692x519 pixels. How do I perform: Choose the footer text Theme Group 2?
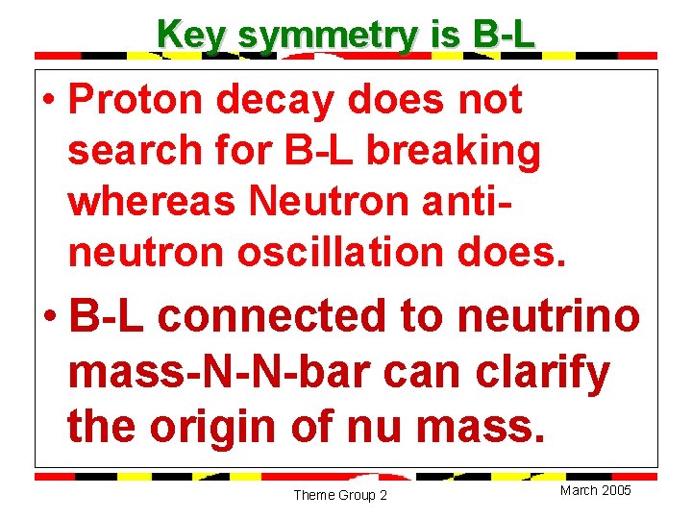point(339,495)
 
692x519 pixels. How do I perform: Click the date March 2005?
point(595,490)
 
